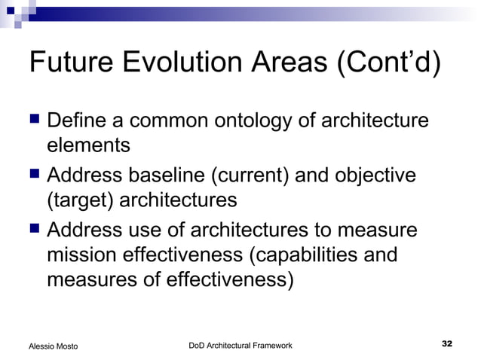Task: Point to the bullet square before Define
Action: click(34, 120)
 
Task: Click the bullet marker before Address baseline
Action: click(34, 175)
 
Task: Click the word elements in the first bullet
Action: click(88, 145)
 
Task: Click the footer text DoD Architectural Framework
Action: click(239, 345)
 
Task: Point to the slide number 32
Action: click(447, 344)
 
